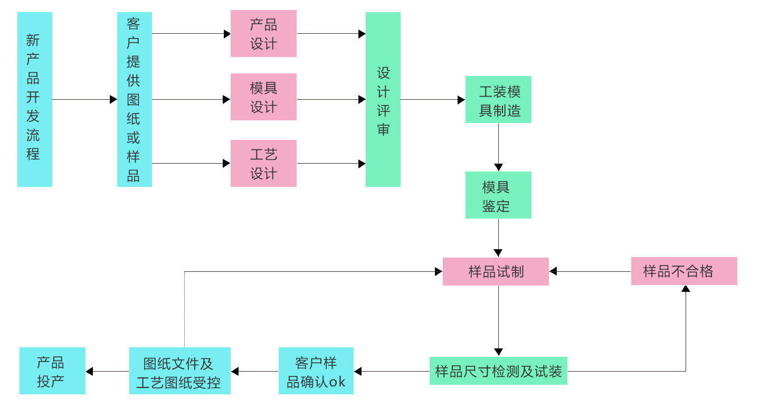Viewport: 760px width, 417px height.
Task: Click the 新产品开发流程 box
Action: pos(35,99)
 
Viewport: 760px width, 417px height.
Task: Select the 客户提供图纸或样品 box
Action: pos(135,99)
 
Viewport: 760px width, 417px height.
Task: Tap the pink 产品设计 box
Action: pos(263,34)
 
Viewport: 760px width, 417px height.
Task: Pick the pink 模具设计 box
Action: pos(263,97)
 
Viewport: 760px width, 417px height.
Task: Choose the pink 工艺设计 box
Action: pos(263,164)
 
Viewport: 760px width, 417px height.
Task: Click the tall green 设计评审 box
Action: pos(383,99)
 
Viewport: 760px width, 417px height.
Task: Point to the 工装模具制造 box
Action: pos(498,100)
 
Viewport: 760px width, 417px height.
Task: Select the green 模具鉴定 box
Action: pos(498,195)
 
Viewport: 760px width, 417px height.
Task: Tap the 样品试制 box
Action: pos(496,272)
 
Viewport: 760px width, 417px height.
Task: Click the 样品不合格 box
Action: pos(684,271)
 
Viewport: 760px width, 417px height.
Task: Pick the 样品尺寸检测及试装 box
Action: pos(498,371)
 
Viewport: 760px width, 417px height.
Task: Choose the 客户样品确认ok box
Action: pos(316,371)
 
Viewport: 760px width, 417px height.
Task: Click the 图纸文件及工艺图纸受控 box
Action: pos(180,371)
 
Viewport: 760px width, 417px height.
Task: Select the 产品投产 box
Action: pos(52,371)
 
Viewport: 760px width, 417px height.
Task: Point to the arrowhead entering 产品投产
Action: pos(89,371)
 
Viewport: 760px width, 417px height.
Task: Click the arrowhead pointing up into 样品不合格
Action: pos(686,288)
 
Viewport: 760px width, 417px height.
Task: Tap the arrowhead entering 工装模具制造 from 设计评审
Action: pos(461,100)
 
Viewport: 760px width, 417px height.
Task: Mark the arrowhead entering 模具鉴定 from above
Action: pos(498,167)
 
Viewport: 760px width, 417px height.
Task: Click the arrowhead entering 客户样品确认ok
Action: pos(357,371)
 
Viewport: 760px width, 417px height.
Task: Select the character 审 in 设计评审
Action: pos(383,130)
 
